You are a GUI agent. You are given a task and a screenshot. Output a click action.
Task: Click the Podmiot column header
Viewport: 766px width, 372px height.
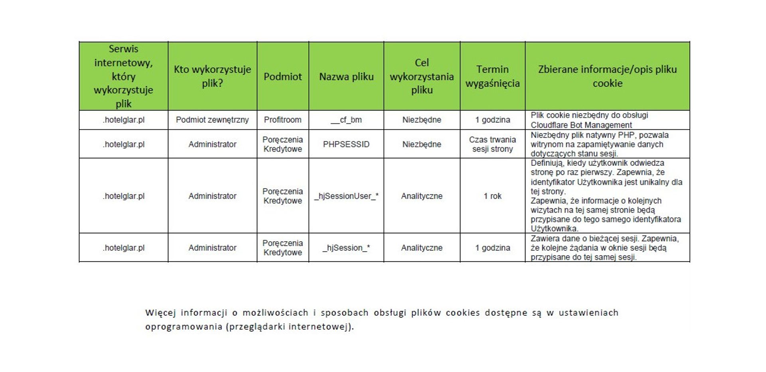click(282, 76)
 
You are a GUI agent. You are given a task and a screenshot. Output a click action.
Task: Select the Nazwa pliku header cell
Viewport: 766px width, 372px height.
click(346, 76)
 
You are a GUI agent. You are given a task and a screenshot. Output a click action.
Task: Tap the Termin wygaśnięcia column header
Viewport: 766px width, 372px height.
click(492, 76)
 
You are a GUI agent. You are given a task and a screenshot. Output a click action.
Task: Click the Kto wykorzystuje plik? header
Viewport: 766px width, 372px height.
click(212, 76)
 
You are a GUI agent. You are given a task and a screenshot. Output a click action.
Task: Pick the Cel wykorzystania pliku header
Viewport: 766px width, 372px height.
click(422, 76)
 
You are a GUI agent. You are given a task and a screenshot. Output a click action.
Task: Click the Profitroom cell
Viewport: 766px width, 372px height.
click(282, 120)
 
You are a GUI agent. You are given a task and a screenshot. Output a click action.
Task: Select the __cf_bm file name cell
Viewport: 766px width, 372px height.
click(346, 120)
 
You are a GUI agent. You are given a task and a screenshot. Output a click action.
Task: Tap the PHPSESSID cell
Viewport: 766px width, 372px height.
click(346, 144)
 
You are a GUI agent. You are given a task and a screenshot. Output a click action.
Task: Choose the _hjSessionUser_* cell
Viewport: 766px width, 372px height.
click(346, 196)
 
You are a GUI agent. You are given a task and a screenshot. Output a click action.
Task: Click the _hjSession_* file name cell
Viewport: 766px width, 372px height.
click(346, 248)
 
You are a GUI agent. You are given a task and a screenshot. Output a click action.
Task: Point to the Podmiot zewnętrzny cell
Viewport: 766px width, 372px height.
click(212, 120)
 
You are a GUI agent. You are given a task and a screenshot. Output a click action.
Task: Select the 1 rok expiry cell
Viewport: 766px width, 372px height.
click(492, 196)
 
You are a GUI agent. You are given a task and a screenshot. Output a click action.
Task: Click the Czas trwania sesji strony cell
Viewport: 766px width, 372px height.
click(492, 144)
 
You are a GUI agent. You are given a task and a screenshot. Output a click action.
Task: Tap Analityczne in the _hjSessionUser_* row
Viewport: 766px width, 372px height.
click(422, 196)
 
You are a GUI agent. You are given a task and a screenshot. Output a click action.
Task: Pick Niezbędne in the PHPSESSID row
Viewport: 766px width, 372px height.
click(422, 144)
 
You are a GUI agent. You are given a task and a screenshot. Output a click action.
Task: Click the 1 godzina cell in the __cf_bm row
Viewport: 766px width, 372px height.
click(492, 120)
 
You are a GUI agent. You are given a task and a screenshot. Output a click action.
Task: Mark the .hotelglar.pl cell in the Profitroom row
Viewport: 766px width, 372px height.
click(123, 120)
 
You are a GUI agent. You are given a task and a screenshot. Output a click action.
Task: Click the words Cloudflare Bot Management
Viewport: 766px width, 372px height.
click(581, 125)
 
